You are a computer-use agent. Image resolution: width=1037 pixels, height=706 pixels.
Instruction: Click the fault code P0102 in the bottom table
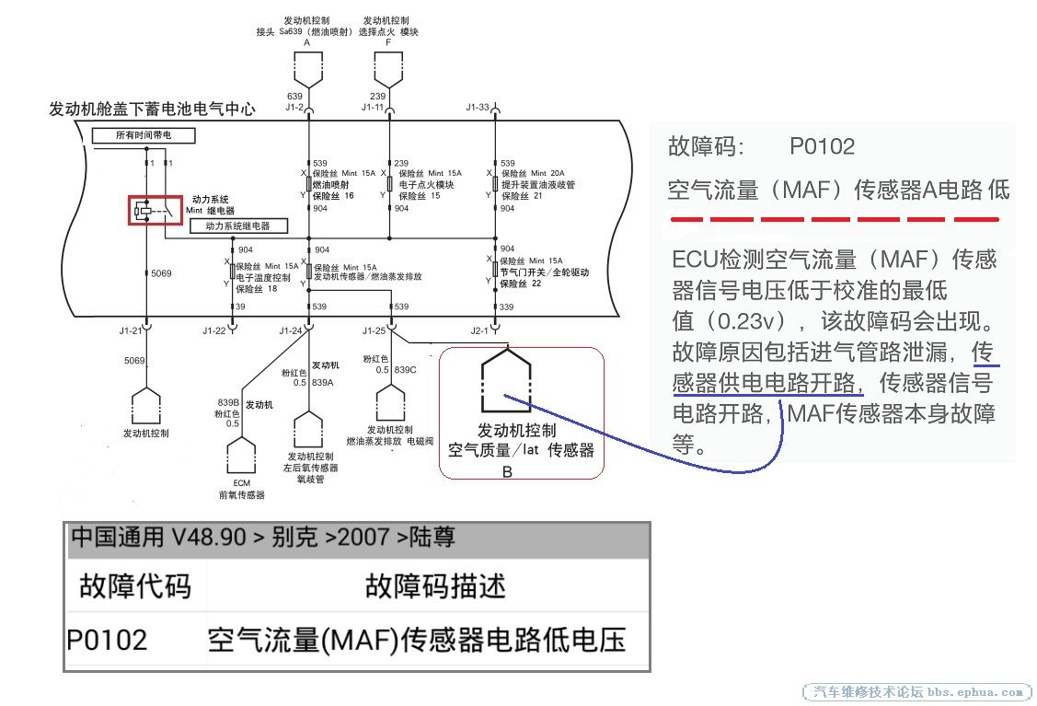(107, 640)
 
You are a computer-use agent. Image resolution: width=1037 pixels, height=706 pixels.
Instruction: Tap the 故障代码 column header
(135, 585)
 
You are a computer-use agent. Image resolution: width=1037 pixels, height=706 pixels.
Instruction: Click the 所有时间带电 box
(143, 135)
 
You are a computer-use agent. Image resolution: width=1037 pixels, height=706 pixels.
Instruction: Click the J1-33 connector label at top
(478, 107)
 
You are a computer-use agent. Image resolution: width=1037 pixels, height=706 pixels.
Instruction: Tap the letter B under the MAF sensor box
(507, 471)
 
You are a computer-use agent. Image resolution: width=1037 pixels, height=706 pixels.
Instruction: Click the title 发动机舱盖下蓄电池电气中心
(152, 110)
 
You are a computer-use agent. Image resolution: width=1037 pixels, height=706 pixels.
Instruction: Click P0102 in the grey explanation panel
(822, 146)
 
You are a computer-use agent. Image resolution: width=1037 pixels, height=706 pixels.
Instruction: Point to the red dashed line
(833, 220)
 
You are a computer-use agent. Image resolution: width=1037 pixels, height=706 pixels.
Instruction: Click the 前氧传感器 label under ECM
(241, 494)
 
